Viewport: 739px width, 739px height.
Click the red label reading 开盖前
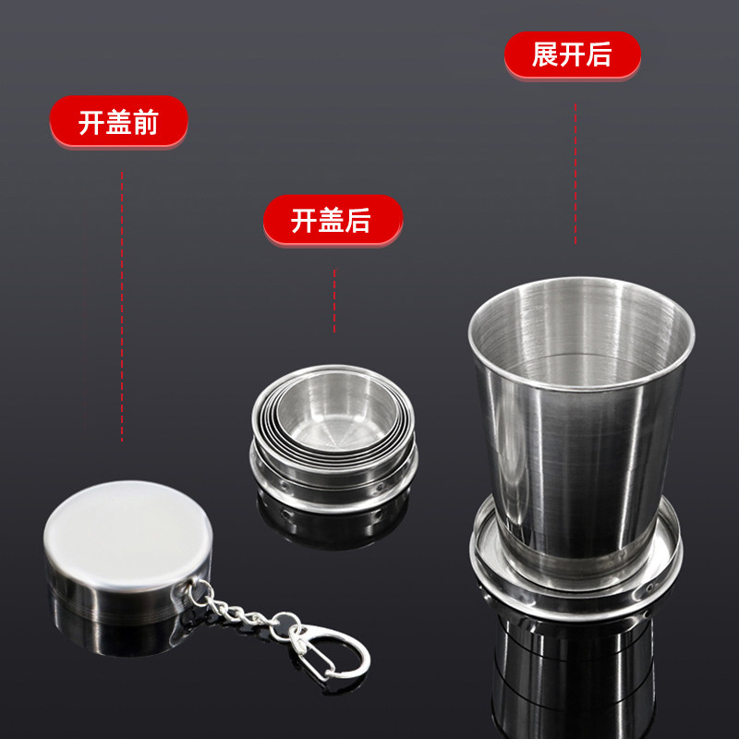118,121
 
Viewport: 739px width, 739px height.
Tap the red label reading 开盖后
333,220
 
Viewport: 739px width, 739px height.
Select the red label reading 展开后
572,55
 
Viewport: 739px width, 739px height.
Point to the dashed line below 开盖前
122,305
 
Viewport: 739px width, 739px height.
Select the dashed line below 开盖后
334,300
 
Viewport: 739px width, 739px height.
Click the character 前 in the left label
145,122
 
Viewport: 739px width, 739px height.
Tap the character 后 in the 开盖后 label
358,221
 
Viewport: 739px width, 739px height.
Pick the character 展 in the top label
545,55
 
